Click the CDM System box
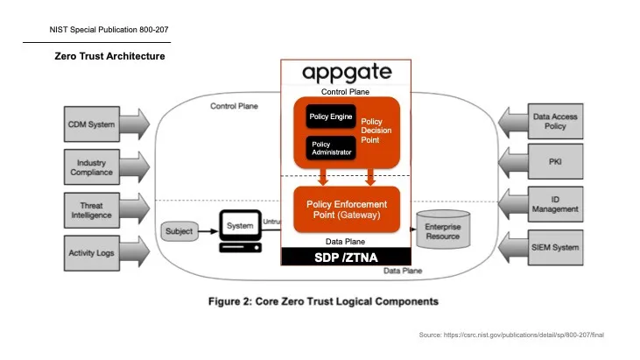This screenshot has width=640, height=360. (x=92, y=124)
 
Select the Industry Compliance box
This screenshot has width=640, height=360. (x=92, y=167)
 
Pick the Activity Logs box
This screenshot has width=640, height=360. (x=92, y=253)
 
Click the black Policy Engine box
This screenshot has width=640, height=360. (x=328, y=117)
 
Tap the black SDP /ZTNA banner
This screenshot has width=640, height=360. (x=346, y=257)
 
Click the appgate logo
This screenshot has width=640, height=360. (x=346, y=72)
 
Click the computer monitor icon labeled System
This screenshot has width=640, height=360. (x=239, y=229)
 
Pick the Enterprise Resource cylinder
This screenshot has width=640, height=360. (x=442, y=231)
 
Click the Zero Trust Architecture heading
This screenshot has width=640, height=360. (x=110, y=56)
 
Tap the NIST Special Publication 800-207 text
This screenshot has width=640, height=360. (x=109, y=29)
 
